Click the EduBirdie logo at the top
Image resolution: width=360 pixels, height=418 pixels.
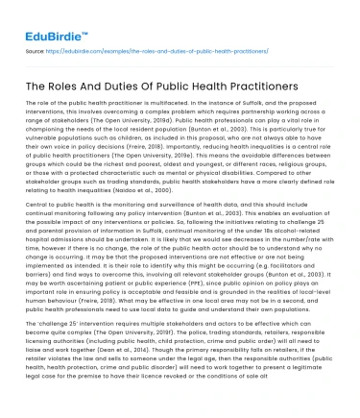pyautogui.click(x=45, y=17)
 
